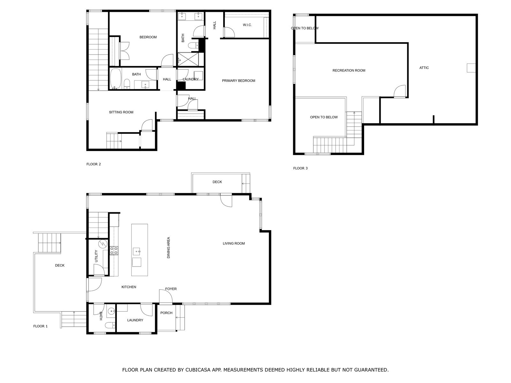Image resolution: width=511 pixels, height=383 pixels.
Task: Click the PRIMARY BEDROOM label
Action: [x=238, y=81]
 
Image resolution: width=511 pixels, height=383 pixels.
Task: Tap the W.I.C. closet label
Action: [x=247, y=25]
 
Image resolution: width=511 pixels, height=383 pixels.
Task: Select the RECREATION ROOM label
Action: [x=349, y=71]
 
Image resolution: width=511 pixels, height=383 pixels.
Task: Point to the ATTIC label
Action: [x=424, y=68]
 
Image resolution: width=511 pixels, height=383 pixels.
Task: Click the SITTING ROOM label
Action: [x=121, y=112]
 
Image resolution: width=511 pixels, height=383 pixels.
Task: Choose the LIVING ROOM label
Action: [x=234, y=244]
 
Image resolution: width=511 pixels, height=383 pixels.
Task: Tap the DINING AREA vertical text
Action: [x=169, y=247]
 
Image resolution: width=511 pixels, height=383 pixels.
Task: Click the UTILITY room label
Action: [x=96, y=256]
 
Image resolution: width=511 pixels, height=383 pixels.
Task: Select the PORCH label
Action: [x=166, y=313]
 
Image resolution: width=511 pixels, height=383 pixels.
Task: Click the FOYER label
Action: [x=171, y=289]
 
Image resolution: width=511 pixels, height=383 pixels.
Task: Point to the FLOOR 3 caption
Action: [x=300, y=168]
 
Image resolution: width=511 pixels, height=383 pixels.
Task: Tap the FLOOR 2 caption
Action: [x=94, y=164]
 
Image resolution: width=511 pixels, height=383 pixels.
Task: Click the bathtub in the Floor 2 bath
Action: [x=116, y=79]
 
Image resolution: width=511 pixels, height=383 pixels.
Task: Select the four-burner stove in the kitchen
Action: [x=114, y=251]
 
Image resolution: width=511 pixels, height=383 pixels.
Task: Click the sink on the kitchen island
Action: [x=136, y=252]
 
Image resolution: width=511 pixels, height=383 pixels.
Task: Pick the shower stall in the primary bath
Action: [x=188, y=59]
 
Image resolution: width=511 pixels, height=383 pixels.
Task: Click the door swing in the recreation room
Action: [x=400, y=91]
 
